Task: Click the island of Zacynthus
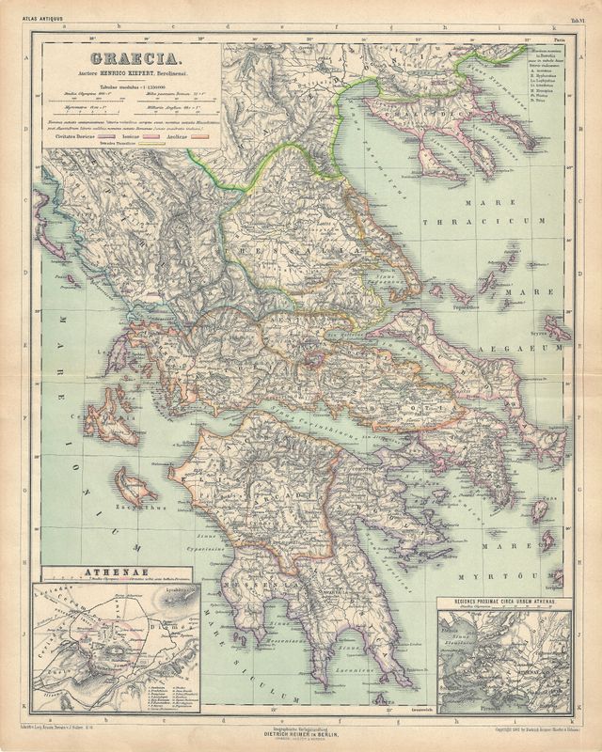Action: [x=135, y=486]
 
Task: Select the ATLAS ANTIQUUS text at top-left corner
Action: [x=21, y=9]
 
